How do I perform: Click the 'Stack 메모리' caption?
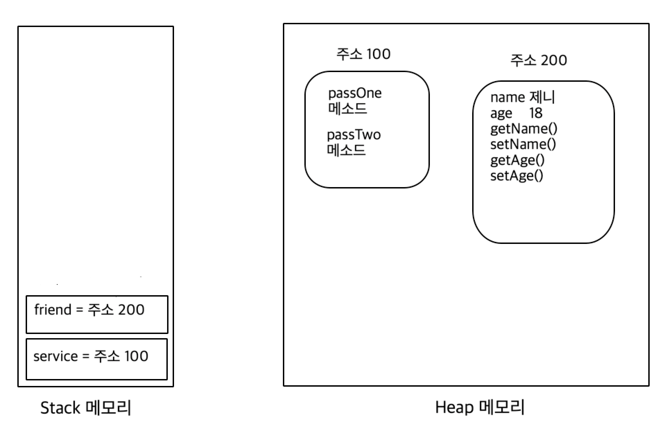pos(86,407)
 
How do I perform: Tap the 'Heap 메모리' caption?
pos(480,407)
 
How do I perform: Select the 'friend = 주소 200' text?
pos(89,309)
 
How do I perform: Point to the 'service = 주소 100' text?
pos(91,356)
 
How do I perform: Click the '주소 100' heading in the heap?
pos(363,54)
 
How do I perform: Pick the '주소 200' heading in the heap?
pos(539,60)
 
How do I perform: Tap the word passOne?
pos(355,93)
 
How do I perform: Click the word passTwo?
pos(354,135)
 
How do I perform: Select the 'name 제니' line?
pos(522,97)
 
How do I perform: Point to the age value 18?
pos(536,113)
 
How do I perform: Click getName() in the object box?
pos(523,129)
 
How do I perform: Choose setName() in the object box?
pos(523,144)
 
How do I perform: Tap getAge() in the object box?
pos(517,160)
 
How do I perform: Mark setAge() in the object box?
pos(517,176)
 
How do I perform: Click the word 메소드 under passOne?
pos(347,109)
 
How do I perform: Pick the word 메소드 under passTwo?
pos(346,150)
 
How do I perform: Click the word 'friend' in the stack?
pos(53,309)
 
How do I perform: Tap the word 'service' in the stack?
pos(55,356)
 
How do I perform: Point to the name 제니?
pos(543,97)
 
